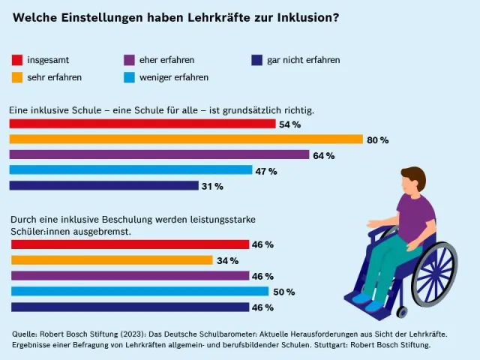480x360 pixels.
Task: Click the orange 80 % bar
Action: point(186,139)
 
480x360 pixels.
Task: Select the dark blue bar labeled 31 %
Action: point(104,185)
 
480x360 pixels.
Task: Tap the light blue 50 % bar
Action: point(140,291)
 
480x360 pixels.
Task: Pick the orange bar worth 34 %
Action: point(112,260)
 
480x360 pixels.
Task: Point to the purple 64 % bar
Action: point(159,154)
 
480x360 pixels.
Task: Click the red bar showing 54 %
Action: point(142,124)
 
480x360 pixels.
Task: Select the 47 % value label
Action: point(266,171)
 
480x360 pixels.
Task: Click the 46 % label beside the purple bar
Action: point(262,276)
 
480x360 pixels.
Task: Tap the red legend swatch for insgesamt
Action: point(17,60)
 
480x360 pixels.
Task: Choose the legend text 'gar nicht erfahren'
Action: point(303,60)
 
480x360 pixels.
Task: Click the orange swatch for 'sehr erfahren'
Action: point(17,77)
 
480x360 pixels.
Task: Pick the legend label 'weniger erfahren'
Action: point(174,77)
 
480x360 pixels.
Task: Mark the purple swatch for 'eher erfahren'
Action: point(129,60)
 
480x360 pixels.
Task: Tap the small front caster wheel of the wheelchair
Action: point(402,312)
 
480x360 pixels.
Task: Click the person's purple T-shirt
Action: point(416,217)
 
